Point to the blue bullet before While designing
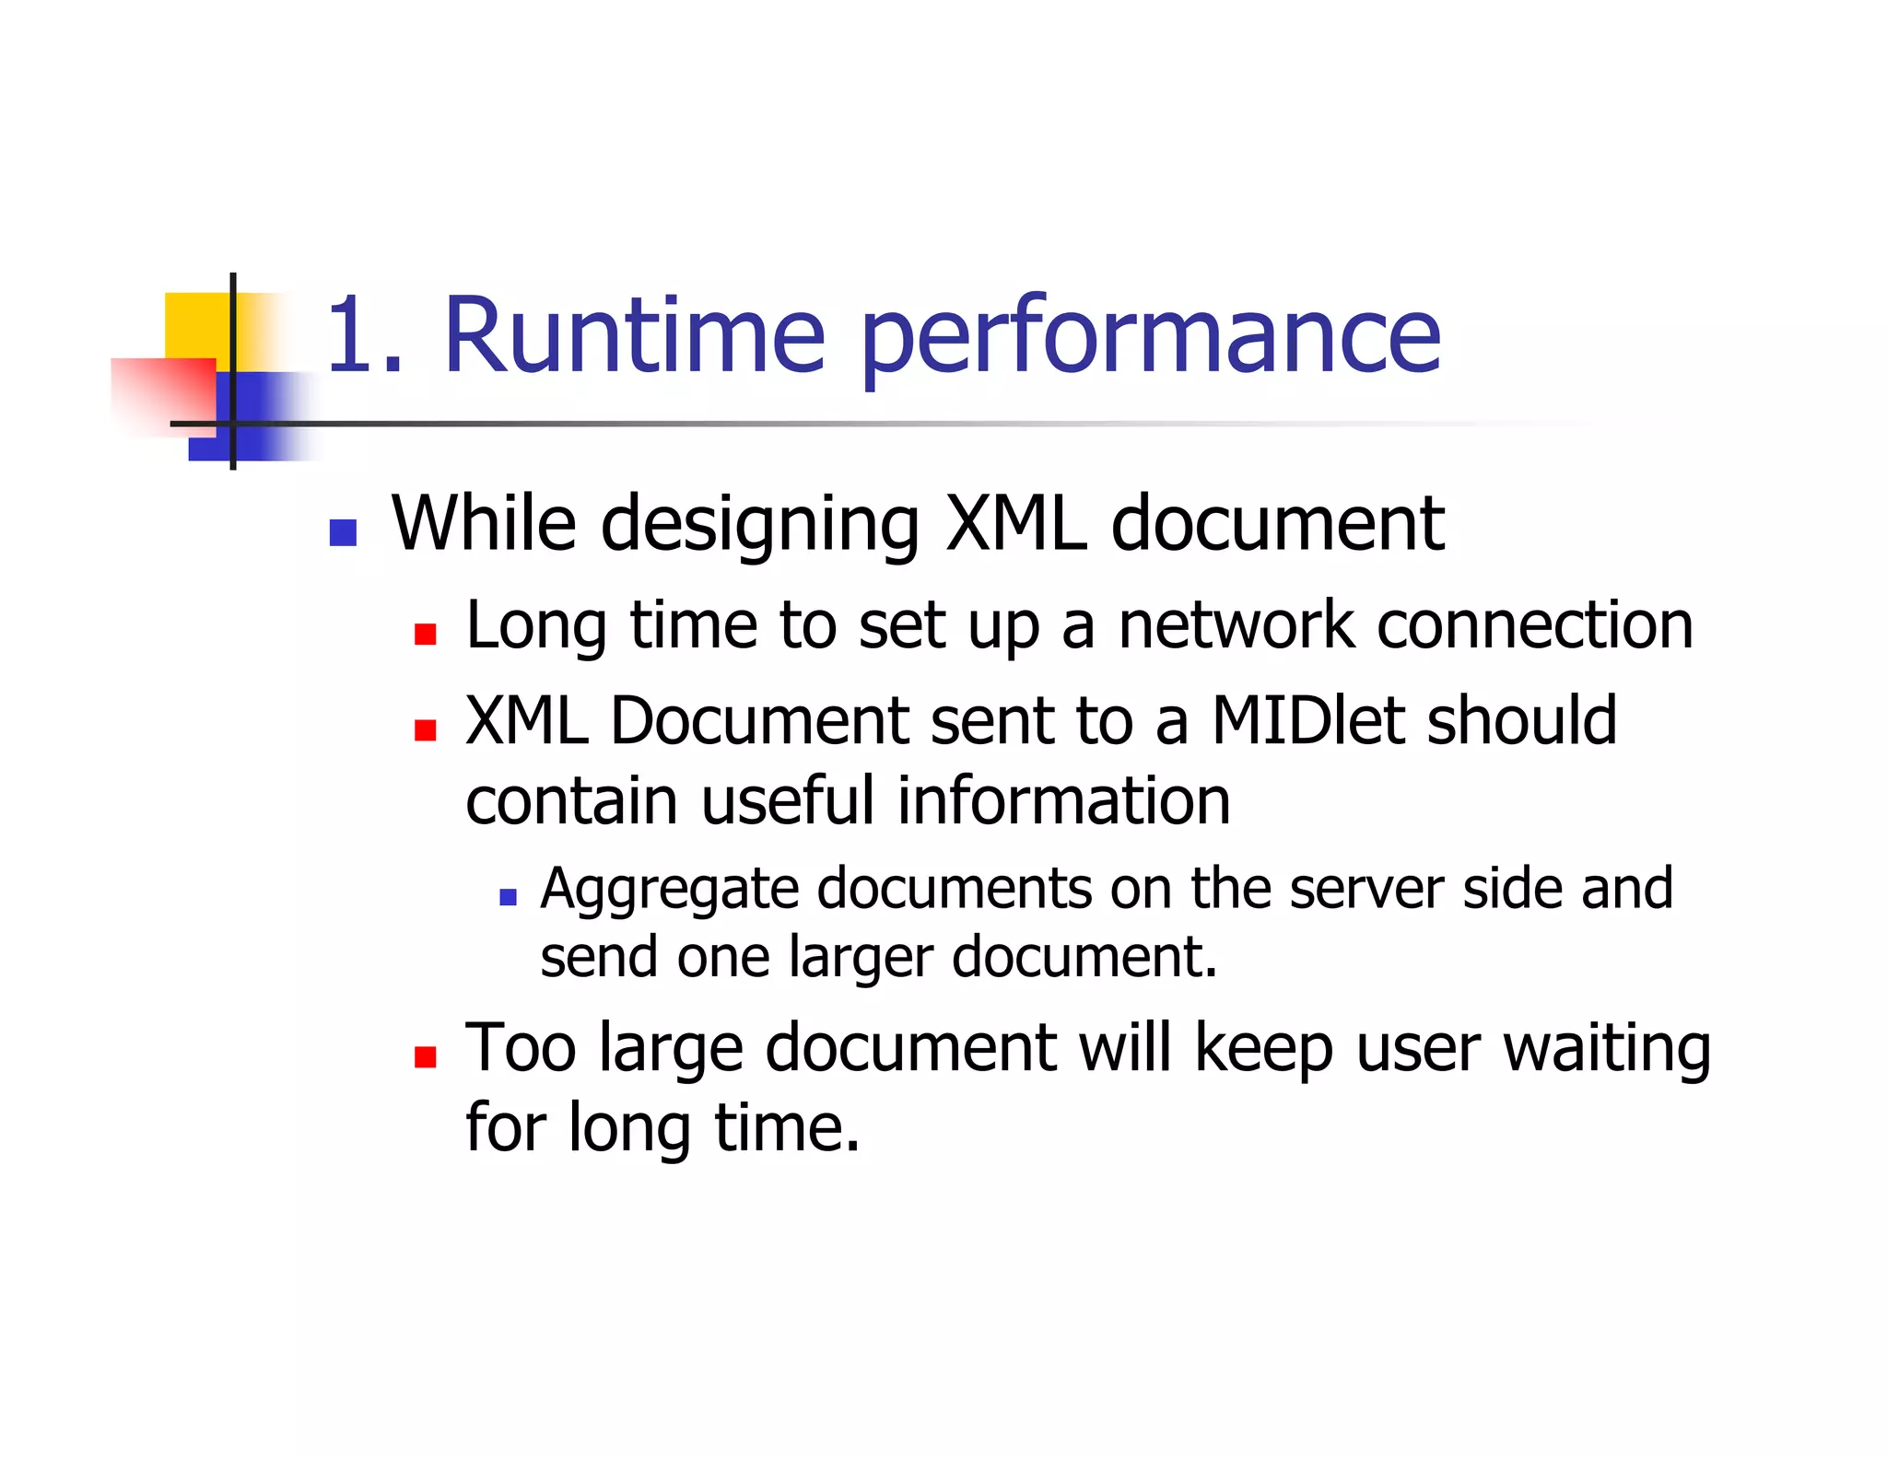coord(343,533)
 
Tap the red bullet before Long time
coord(425,634)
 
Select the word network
coord(1237,626)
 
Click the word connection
coord(1534,626)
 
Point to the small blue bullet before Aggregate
coord(508,896)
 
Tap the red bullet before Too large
coord(425,1056)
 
